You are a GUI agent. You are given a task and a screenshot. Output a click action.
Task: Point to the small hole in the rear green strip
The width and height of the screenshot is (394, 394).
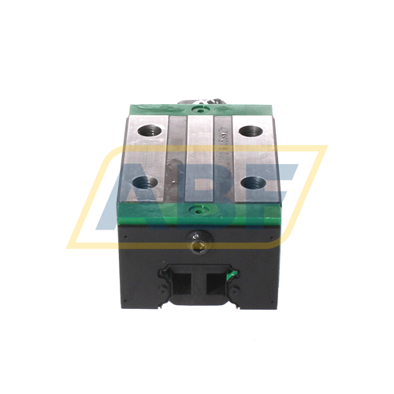point(197,109)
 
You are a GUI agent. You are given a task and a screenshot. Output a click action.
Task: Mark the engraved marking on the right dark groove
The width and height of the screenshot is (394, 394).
point(224,136)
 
